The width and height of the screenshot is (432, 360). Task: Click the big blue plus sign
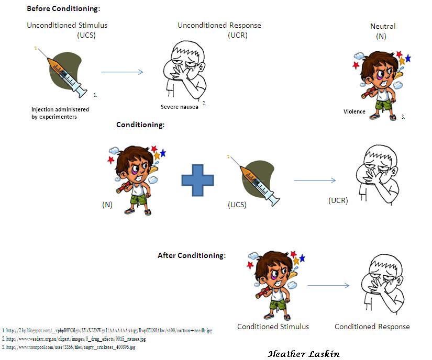tap(197, 180)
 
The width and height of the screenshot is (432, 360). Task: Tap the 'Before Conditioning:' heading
tap(63, 8)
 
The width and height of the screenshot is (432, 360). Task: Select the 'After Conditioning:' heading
tap(192, 255)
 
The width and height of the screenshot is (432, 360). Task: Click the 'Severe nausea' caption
tap(180, 107)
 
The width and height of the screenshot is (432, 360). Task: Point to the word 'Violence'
tap(355, 111)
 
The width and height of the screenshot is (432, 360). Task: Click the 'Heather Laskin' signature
tap(304, 354)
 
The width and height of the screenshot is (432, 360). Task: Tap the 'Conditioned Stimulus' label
tap(273, 327)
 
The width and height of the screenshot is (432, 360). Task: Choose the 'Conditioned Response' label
tap(372, 327)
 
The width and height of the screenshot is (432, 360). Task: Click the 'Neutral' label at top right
tap(383, 26)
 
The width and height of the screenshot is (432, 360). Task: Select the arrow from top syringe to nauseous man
tap(122, 72)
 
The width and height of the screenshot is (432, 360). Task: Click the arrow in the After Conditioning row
tap(328, 285)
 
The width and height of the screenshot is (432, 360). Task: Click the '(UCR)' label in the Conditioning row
tap(338, 200)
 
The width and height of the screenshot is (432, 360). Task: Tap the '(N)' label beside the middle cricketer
tap(107, 205)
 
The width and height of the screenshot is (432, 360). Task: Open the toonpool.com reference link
tap(69, 347)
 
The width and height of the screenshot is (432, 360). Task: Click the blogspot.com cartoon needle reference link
tap(107, 330)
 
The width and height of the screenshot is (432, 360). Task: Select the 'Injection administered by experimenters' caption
tap(60, 113)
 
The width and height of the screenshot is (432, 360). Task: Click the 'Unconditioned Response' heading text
tap(219, 25)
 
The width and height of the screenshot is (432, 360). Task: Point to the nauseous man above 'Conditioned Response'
tap(383, 284)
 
